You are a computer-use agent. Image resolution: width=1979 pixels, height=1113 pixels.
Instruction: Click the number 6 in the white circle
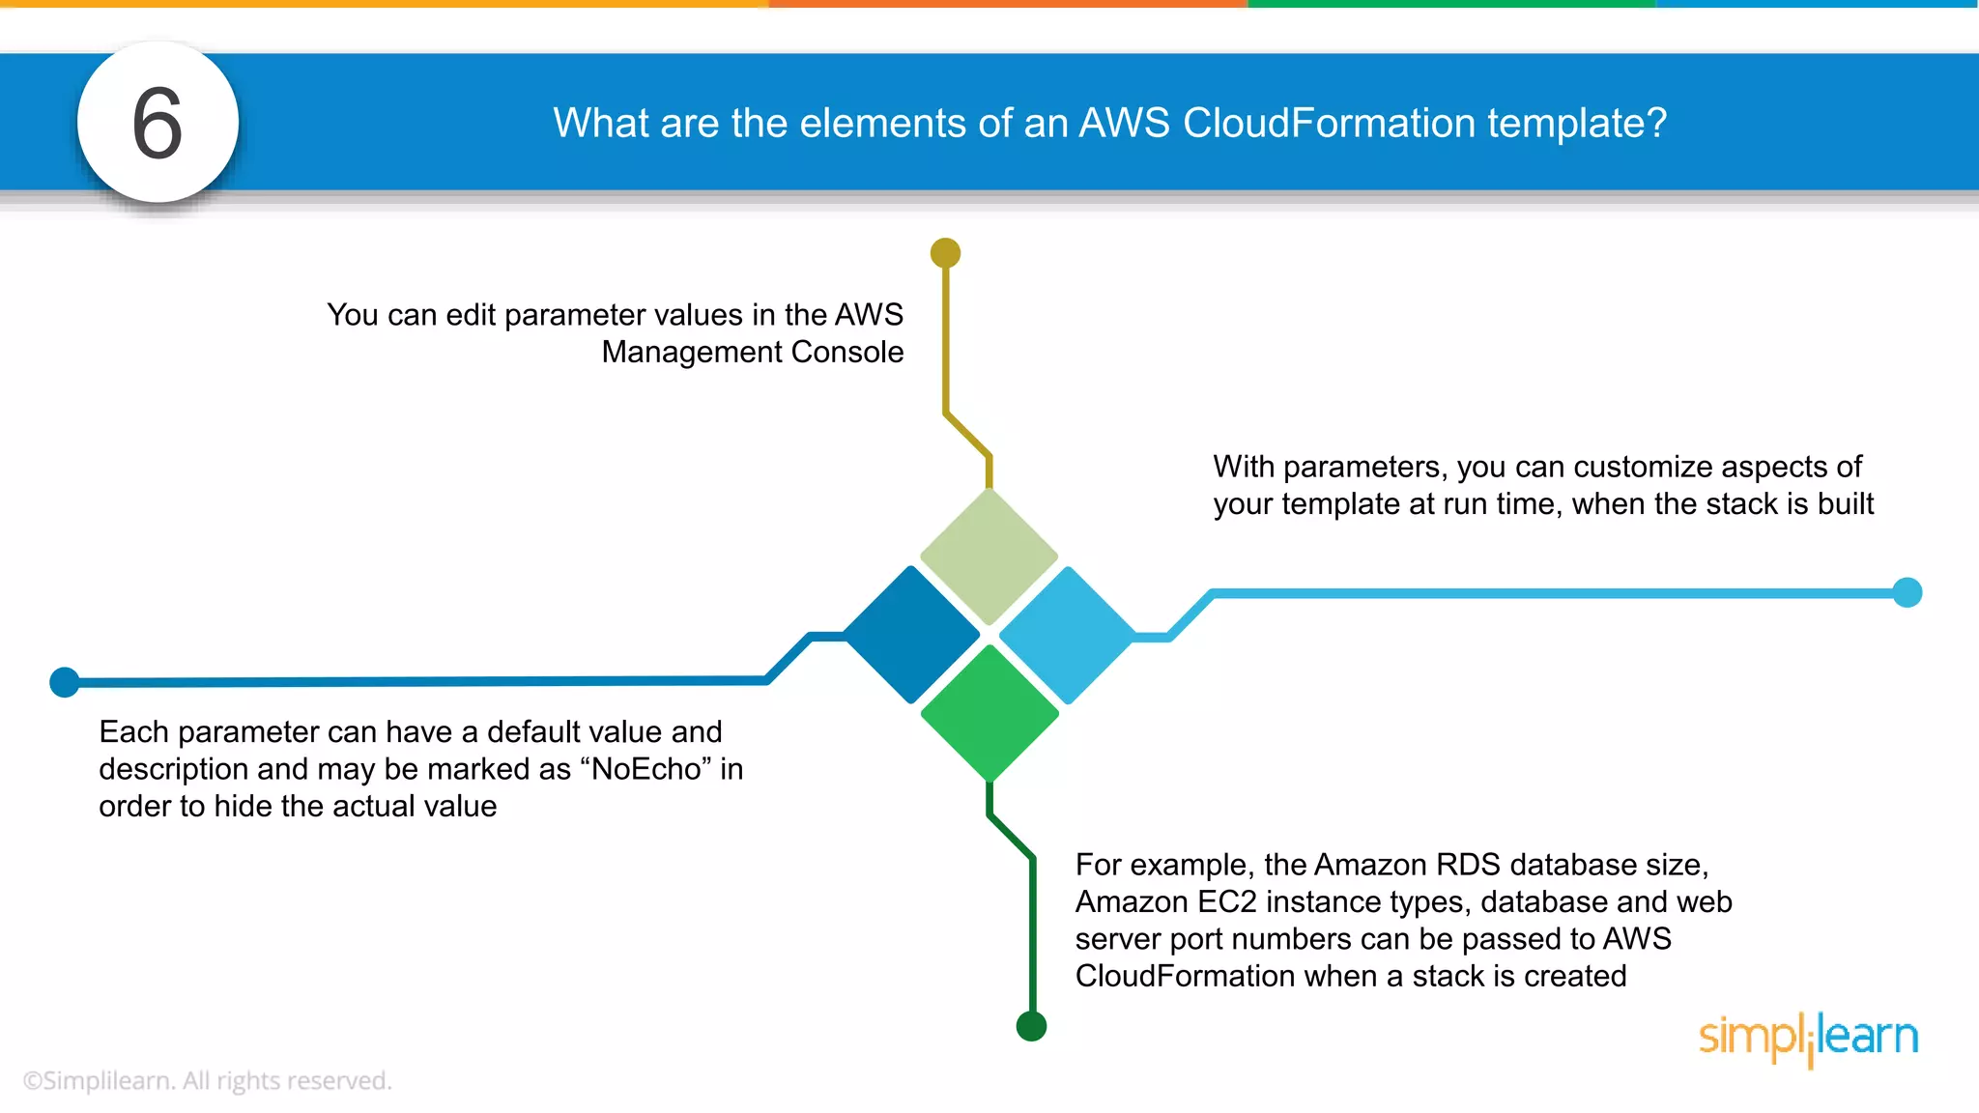click(158, 124)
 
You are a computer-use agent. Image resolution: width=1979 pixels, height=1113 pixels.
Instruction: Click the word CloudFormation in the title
click(1329, 124)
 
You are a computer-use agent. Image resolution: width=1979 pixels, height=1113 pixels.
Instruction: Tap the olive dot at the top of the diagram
click(945, 253)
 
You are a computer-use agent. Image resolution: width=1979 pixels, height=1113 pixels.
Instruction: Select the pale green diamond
click(989, 556)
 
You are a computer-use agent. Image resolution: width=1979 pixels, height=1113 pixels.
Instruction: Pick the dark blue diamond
click(911, 635)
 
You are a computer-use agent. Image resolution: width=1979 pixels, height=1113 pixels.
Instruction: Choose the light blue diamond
click(1067, 635)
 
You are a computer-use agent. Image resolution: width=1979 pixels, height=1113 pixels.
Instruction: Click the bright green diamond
click(989, 713)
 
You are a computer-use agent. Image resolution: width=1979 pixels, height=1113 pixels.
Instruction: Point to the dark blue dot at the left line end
click(64, 682)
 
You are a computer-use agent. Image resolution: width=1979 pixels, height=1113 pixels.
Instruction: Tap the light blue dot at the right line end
click(1907, 592)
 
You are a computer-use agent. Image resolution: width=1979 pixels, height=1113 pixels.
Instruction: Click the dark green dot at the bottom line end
click(1031, 1026)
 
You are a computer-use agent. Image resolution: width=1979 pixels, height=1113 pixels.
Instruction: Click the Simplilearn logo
click(1808, 1039)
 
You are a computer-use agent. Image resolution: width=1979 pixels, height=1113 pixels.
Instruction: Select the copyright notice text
click(207, 1081)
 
